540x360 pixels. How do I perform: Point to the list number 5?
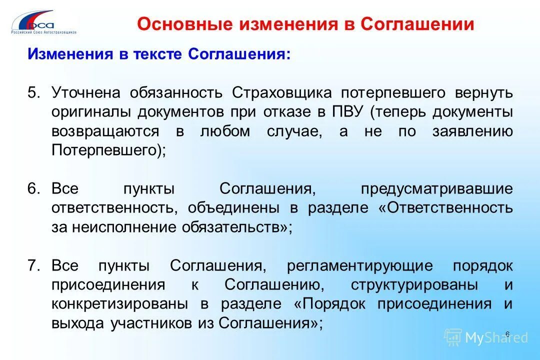click(x=33, y=93)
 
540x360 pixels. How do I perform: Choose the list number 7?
click(x=33, y=265)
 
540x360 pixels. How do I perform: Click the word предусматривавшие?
click(x=436, y=189)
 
